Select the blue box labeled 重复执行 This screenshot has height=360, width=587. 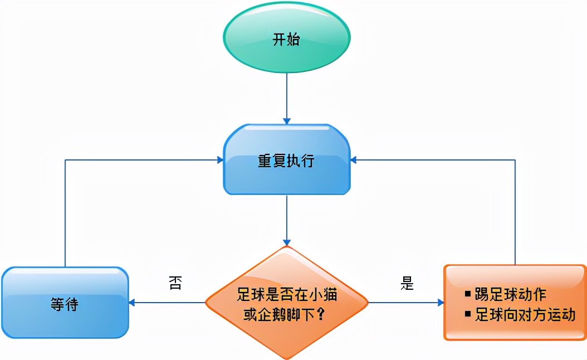coord(286,160)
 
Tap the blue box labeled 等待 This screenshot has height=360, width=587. coord(65,304)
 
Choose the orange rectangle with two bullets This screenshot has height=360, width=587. coord(515,303)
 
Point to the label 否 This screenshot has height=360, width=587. coord(175,283)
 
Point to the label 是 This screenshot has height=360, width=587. coord(407,283)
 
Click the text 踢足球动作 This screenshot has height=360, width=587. coord(510,294)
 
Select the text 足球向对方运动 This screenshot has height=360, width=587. coord(525,314)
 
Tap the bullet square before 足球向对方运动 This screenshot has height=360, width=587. coord(468,314)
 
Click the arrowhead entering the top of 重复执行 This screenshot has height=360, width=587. coord(287,120)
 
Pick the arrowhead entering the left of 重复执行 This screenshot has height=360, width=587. coord(220,160)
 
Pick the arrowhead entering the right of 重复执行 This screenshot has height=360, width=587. coord(354,160)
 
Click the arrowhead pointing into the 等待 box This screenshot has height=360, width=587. coord(133,303)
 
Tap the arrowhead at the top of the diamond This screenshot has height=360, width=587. coord(287,242)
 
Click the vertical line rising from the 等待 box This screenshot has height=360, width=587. coord(65,212)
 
